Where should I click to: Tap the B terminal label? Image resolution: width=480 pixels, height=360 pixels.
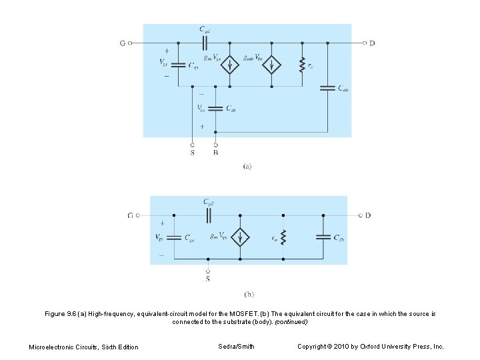pos(215,153)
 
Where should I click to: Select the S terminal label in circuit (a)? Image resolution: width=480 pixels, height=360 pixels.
pos(192,153)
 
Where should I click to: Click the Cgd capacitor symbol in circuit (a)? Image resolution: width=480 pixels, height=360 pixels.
pos(206,43)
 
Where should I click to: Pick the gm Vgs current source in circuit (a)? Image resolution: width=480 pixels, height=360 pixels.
pos(230,65)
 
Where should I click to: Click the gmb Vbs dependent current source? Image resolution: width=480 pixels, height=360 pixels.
pos(271,65)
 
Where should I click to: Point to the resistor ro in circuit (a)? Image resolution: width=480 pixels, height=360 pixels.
pos(302,65)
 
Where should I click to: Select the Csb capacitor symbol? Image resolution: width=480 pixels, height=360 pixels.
pos(215,108)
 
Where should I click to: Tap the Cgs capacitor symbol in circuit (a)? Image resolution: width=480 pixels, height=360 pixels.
pos(178,65)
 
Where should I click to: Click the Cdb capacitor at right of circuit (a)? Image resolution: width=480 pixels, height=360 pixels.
pos(327,87)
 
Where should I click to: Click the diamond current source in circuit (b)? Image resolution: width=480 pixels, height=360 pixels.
pos(240,237)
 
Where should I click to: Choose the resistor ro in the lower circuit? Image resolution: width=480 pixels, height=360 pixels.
pos(284,237)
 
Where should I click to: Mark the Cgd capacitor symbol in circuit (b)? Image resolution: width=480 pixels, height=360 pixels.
pos(209,215)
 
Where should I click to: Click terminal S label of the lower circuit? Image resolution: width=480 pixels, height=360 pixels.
pos(207,279)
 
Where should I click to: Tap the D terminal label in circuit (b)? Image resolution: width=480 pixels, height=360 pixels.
pos(368,215)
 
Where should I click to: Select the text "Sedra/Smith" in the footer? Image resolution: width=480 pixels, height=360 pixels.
pos(237,346)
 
